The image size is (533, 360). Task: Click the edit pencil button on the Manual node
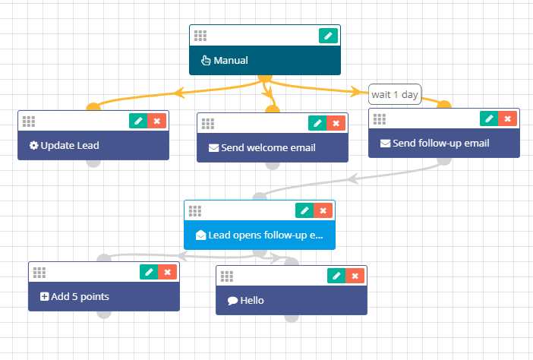pyautogui.click(x=328, y=36)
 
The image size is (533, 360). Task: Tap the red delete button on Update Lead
pyautogui.click(x=156, y=121)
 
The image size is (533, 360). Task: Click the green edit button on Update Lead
pyautogui.click(x=138, y=121)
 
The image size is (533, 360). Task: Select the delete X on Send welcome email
pyautogui.click(x=336, y=123)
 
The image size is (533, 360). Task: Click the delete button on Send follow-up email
pyautogui.click(x=507, y=118)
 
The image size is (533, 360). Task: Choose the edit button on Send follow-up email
pyautogui.click(x=489, y=118)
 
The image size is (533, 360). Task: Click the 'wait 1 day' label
pyautogui.click(x=395, y=94)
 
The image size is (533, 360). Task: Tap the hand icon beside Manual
pyautogui.click(x=206, y=61)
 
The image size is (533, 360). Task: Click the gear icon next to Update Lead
pyautogui.click(x=33, y=146)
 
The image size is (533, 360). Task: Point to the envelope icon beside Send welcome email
pyautogui.click(x=213, y=148)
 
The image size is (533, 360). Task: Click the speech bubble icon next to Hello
pyautogui.click(x=232, y=301)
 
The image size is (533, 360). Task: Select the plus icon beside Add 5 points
pyautogui.click(x=44, y=297)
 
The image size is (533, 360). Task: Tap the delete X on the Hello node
pyautogui.click(x=355, y=276)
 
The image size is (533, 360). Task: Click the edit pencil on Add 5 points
pyautogui.click(x=149, y=272)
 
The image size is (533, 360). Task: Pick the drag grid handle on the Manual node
pyautogui.click(x=200, y=36)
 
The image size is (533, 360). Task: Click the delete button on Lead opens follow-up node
pyautogui.click(x=323, y=211)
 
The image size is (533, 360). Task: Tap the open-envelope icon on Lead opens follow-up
pyautogui.click(x=201, y=235)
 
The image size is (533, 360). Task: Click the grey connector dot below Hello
pyautogui.click(x=292, y=318)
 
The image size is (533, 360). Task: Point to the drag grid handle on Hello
pyautogui.click(x=227, y=276)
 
